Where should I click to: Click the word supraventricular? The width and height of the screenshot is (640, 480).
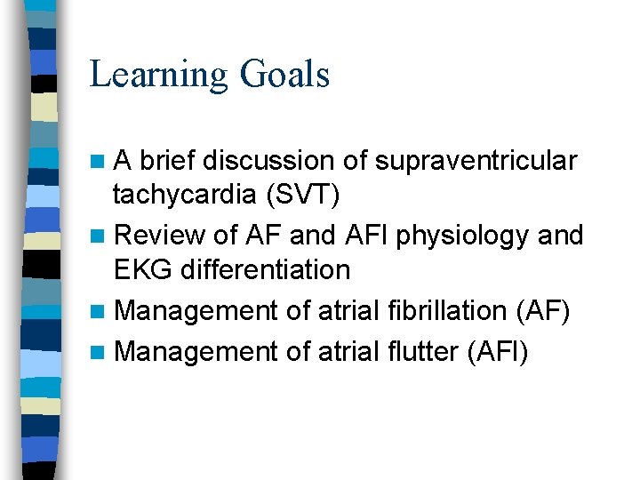[x=476, y=161]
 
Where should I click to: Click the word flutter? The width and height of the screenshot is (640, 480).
[x=420, y=352]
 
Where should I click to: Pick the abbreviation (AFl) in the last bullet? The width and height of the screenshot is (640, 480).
[x=497, y=352]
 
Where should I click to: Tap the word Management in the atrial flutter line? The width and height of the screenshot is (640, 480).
[x=196, y=352]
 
